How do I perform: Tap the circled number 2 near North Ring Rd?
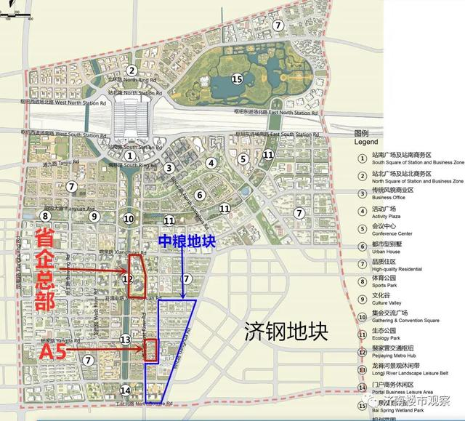click(x=131, y=71)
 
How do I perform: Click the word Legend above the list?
click(x=367, y=143)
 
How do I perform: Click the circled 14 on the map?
click(x=126, y=390)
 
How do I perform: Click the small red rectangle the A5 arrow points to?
click(x=151, y=350)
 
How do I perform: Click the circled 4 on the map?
click(x=211, y=163)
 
